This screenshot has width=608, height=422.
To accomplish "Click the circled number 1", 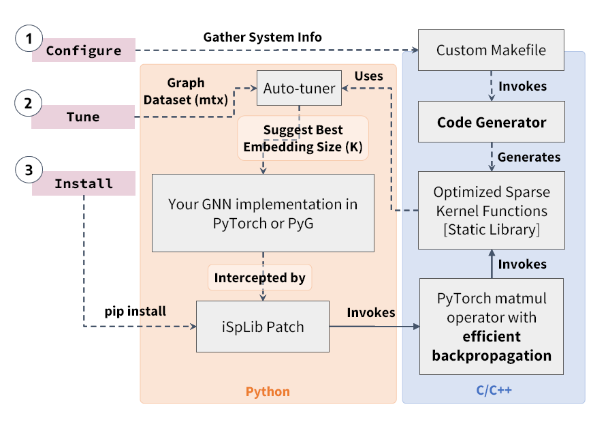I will [x=29, y=40].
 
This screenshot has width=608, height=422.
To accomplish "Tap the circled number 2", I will [x=29, y=104].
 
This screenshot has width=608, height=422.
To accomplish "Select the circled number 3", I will [x=29, y=171].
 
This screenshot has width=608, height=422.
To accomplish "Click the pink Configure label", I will [x=84, y=50].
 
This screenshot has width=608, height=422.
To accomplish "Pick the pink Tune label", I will [x=84, y=117].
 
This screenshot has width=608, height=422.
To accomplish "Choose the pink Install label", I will [x=84, y=184].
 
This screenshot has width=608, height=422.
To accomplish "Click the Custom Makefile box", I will [x=491, y=50].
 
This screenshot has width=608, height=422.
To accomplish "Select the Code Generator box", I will [x=491, y=123].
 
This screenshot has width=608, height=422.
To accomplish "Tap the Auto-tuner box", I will [x=299, y=88].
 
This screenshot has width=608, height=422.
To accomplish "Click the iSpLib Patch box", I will [x=262, y=327].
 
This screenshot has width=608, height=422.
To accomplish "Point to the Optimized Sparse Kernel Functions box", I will [x=491, y=210].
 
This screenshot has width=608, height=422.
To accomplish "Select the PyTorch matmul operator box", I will [x=491, y=327].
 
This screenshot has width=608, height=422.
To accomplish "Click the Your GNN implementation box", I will [x=262, y=213].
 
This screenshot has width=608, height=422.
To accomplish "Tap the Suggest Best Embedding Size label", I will [x=303, y=138].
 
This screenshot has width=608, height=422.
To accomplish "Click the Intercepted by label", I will [x=259, y=277].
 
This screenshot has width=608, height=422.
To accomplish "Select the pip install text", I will [x=135, y=312].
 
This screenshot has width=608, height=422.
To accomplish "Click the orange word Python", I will [x=268, y=391].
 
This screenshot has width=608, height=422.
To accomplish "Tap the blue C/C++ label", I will [x=494, y=391].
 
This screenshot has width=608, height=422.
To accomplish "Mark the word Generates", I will [x=529, y=157].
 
